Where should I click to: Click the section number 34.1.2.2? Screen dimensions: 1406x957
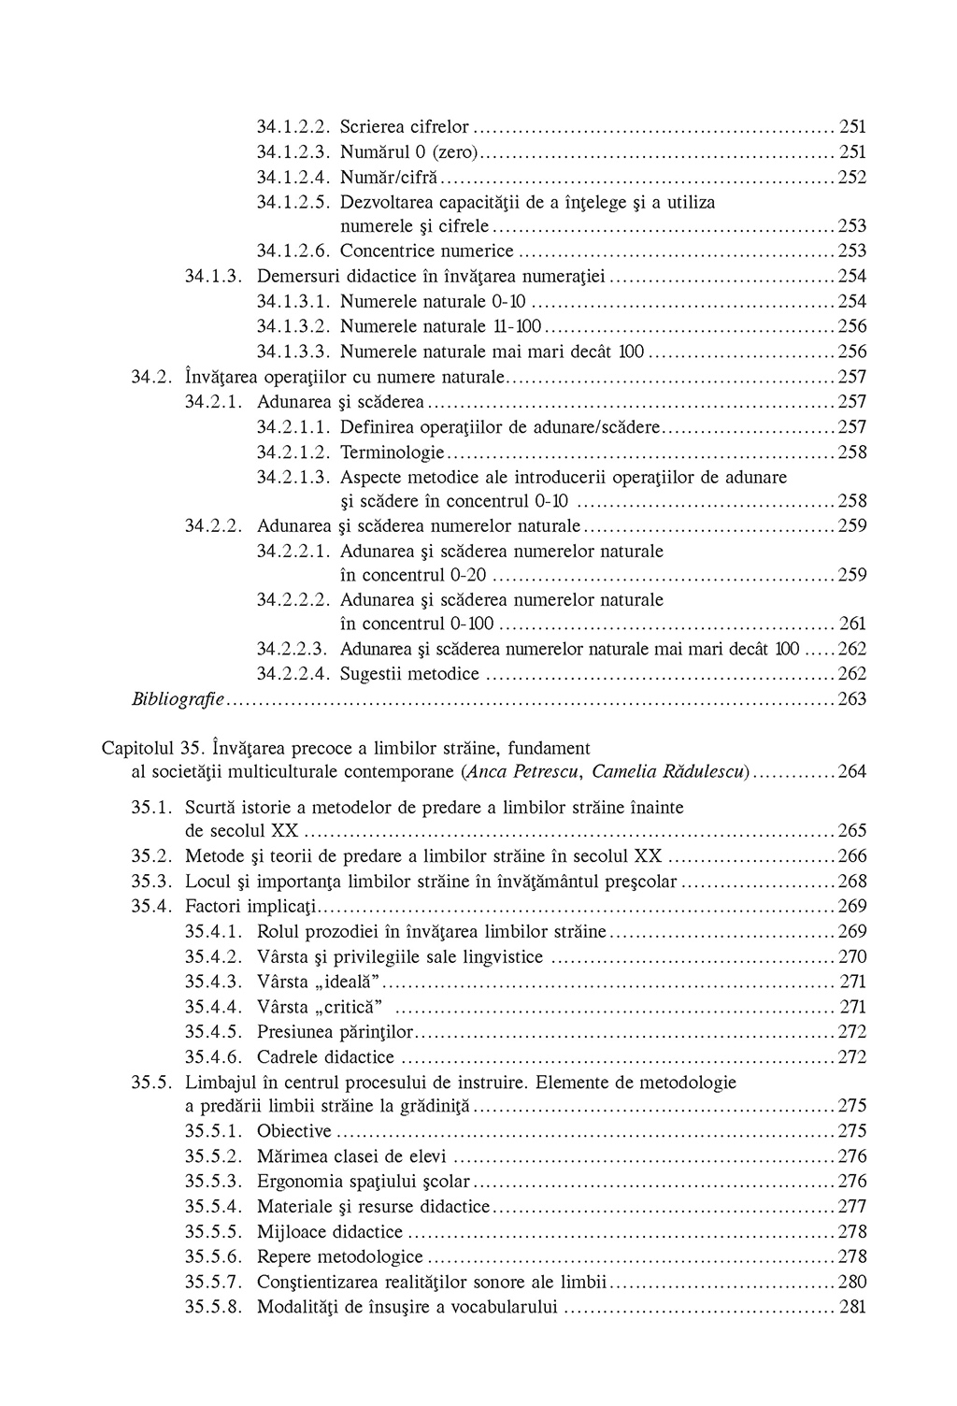(x=294, y=126)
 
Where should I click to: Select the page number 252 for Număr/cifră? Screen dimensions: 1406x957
(x=852, y=177)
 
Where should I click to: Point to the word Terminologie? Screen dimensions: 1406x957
(x=393, y=452)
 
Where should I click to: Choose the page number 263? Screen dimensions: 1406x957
(x=852, y=699)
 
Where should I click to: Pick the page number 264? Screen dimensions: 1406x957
(x=852, y=772)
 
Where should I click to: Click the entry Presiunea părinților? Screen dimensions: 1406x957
(x=335, y=1032)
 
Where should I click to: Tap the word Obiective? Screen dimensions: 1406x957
(x=294, y=1131)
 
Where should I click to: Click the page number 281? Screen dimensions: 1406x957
(x=853, y=1307)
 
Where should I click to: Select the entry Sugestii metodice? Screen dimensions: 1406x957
(x=409, y=674)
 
